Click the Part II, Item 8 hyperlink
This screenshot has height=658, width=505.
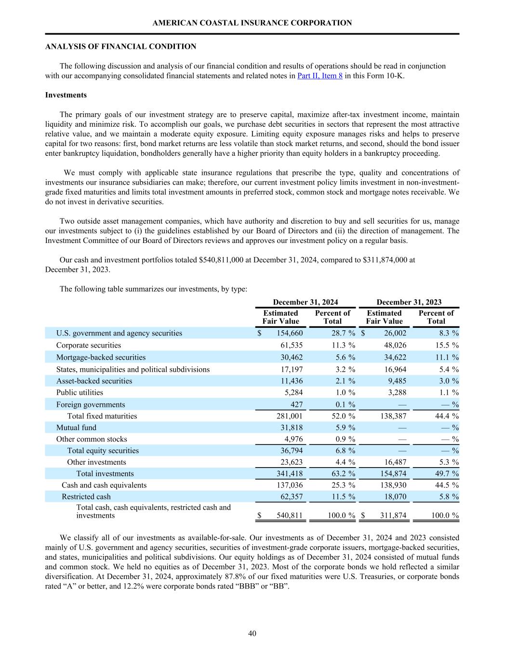[x=320, y=76]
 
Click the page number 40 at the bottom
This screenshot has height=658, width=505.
[x=252, y=633]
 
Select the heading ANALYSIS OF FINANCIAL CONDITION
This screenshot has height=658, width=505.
[x=120, y=47]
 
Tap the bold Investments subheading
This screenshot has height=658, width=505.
[x=66, y=95]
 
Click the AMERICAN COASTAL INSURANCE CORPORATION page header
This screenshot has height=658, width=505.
[x=252, y=23]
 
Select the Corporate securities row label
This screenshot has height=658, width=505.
[x=89, y=345]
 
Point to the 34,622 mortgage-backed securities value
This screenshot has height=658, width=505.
[x=394, y=357]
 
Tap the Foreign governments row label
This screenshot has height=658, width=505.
[x=91, y=404]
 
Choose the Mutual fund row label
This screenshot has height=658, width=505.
[x=76, y=428]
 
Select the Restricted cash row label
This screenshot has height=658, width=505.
[x=86, y=497]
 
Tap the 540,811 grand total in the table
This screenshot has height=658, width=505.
[x=290, y=516]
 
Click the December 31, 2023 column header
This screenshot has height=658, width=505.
[x=409, y=302]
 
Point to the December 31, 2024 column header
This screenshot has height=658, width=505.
[x=306, y=302]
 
